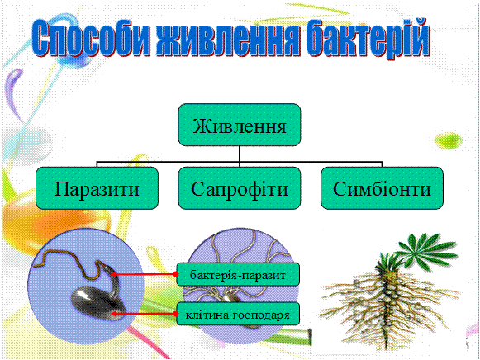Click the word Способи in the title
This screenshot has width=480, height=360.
91,39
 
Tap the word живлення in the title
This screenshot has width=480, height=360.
227,39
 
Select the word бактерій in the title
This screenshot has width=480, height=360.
368,37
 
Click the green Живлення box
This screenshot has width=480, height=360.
240,125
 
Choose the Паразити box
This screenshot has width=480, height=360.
97,188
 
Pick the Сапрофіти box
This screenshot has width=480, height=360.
240,188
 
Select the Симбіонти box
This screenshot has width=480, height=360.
382,188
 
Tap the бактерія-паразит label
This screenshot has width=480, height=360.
238,274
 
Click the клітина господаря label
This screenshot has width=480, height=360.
238,314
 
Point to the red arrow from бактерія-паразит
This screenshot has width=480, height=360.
143,274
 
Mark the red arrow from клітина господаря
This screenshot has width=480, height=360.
143,314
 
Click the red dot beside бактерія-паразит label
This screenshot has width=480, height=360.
176,274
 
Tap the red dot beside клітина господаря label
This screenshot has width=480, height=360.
176,314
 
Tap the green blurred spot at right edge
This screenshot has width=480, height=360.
448,141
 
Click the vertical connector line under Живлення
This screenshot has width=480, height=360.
240,156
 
